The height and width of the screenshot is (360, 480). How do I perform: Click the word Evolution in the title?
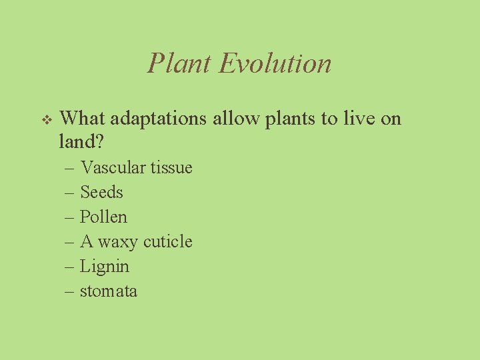(x=275, y=64)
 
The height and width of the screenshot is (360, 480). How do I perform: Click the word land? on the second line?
(x=82, y=143)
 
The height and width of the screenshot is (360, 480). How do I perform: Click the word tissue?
(x=171, y=167)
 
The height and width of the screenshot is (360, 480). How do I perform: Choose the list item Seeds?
(x=101, y=192)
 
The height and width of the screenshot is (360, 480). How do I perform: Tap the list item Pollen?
(x=103, y=217)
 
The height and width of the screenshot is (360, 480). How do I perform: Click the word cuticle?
(x=167, y=241)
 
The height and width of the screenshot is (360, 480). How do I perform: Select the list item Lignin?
(x=105, y=267)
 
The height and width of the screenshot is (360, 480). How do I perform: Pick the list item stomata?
(x=109, y=291)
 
